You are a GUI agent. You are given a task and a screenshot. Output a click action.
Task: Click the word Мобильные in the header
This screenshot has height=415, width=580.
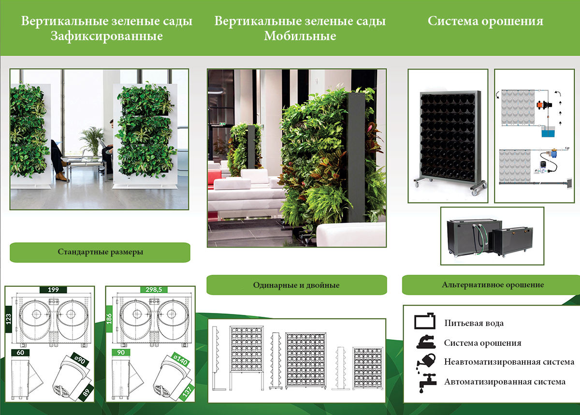pos(300,36)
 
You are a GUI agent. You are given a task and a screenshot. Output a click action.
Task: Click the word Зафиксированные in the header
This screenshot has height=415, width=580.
pos(106,36)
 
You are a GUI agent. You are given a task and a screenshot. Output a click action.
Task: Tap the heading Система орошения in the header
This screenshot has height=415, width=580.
pos(485,21)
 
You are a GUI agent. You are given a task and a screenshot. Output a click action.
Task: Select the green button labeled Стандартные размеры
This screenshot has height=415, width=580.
pos(100,252)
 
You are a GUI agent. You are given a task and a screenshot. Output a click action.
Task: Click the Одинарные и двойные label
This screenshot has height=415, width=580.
pos(296,285)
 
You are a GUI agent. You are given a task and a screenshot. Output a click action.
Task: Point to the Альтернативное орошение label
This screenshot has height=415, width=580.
pos(493,285)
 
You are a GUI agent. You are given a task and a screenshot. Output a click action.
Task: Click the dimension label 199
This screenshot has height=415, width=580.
pos(53,290)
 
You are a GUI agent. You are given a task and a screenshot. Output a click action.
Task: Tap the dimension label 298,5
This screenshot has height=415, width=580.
pos(154,290)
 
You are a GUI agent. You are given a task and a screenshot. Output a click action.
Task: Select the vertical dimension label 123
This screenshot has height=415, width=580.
pos(9,319)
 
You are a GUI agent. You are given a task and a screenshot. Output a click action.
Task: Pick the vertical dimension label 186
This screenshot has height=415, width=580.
pos(109,319)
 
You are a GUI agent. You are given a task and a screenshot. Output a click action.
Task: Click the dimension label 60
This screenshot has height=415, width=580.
pos(20,353)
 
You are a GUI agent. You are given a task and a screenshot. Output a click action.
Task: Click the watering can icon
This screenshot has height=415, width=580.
pos(426,361)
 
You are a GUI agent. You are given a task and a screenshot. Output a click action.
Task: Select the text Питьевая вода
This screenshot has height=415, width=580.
pos(474,323)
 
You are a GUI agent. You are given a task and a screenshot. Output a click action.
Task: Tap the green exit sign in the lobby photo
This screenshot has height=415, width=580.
pos(222,124)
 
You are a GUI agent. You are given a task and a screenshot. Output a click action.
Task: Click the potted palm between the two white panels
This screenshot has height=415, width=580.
pos(92,142)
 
